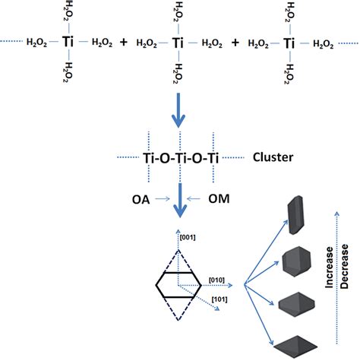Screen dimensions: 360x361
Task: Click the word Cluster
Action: pyautogui.click(x=273, y=157)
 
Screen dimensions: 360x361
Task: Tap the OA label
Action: pyautogui.click(x=141, y=200)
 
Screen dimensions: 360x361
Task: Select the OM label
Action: pyautogui.click(x=219, y=199)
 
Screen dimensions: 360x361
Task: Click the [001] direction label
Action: pyautogui.click(x=188, y=237)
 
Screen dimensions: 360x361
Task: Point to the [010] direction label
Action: pyautogui.click(x=216, y=280)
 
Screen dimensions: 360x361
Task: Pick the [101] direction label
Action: pyautogui.click(x=219, y=299)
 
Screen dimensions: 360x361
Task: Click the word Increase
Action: pyautogui.click(x=329, y=268)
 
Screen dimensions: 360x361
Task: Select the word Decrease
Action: pyautogui.click(x=344, y=266)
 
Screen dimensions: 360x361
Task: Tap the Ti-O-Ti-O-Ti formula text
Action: pyautogui.click(x=181, y=158)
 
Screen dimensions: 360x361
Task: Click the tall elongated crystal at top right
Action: pyautogui.click(x=295, y=215)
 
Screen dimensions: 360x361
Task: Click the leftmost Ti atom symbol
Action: pyautogui.click(x=68, y=42)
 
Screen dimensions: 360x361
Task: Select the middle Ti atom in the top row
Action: pyautogui.click(x=178, y=43)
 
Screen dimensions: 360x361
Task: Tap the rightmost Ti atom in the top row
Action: pyautogui.click(x=289, y=43)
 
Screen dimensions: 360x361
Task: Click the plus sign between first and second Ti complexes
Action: pyautogui.click(x=124, y=42)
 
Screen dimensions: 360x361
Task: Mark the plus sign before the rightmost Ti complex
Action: pyautogui.click(x=235, y=43)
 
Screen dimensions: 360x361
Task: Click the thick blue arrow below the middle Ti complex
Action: pyautogui.click(x=178, y=110)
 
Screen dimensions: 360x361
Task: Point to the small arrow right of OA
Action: pyautogui.click(x=163, y=199)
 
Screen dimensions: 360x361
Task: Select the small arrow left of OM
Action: pyautogui.click(x=194, y=199)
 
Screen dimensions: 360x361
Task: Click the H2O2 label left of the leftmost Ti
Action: pyautogui.click(x=36, y=42)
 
